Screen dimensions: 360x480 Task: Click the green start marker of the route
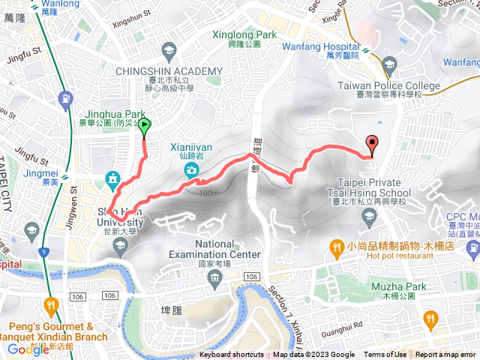pyautogui.click(x=144, y=127)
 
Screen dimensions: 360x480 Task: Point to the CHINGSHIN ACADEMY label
pyautogui.click(x=169, y=71)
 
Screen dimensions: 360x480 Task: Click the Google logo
pyautogui.click(x=28, y=349)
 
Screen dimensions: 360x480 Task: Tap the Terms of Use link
pyautogui.click(x=385, y=355)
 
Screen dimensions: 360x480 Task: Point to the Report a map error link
pyautogui.click(x=446, y=355)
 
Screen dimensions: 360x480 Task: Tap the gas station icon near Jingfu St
pyautogui.click(x=67, y=97)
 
